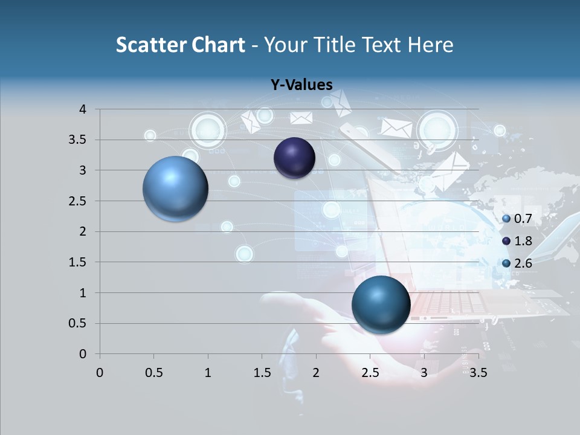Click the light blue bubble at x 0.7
coord(176,188)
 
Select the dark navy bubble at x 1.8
coord(294,158)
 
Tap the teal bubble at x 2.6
coord(381,304)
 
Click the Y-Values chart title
coord(301,85)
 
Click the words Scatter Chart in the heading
coord(181,45)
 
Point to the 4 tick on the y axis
coord(83,109)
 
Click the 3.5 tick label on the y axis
coord(79,140)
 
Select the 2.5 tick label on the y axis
coord(79,201)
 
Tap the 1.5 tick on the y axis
coord(79,262)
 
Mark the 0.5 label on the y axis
coord(79,323)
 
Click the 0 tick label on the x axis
coord(100,373)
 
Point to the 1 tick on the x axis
coord(208,373)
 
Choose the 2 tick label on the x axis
coord(316,373)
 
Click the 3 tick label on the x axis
coord(424,373)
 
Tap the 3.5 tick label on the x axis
coord(478,373)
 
